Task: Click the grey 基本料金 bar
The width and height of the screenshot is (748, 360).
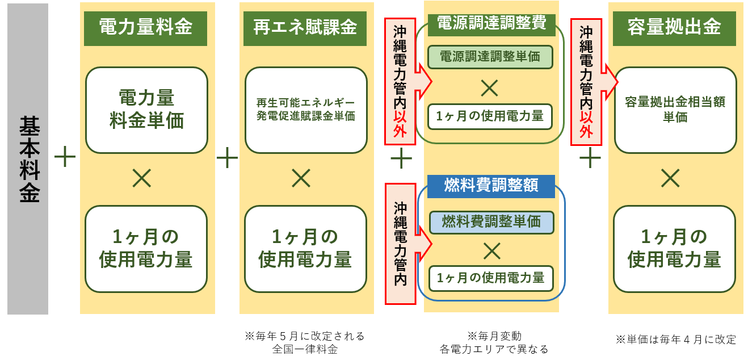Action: [28, 159]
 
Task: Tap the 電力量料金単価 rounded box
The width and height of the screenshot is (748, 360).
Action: [146, 110]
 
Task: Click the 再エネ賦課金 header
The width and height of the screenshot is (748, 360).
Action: [305, 28]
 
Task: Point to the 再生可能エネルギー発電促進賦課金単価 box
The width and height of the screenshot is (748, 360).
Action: [306, 110]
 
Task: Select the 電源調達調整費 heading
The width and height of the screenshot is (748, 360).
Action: [491, 23]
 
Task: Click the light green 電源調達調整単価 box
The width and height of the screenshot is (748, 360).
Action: [490, 57]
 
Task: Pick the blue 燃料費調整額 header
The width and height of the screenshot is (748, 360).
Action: [491, 186]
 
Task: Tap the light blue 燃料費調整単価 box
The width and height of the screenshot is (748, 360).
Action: [491, 222]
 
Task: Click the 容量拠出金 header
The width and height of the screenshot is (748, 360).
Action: [674, 28]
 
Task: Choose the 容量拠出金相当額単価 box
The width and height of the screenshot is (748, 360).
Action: [675, 110]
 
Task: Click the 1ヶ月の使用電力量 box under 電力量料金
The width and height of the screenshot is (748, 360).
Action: [146, 248]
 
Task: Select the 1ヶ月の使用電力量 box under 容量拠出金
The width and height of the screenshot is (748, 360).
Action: [674, 248]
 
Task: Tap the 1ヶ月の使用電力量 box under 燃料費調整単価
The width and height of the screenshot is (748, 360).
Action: [490, 278]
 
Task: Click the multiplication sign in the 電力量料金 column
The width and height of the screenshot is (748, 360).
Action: [141, 179]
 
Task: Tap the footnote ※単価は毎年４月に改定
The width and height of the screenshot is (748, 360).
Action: [675, 340]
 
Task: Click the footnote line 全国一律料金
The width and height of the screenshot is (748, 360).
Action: [305, 349]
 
